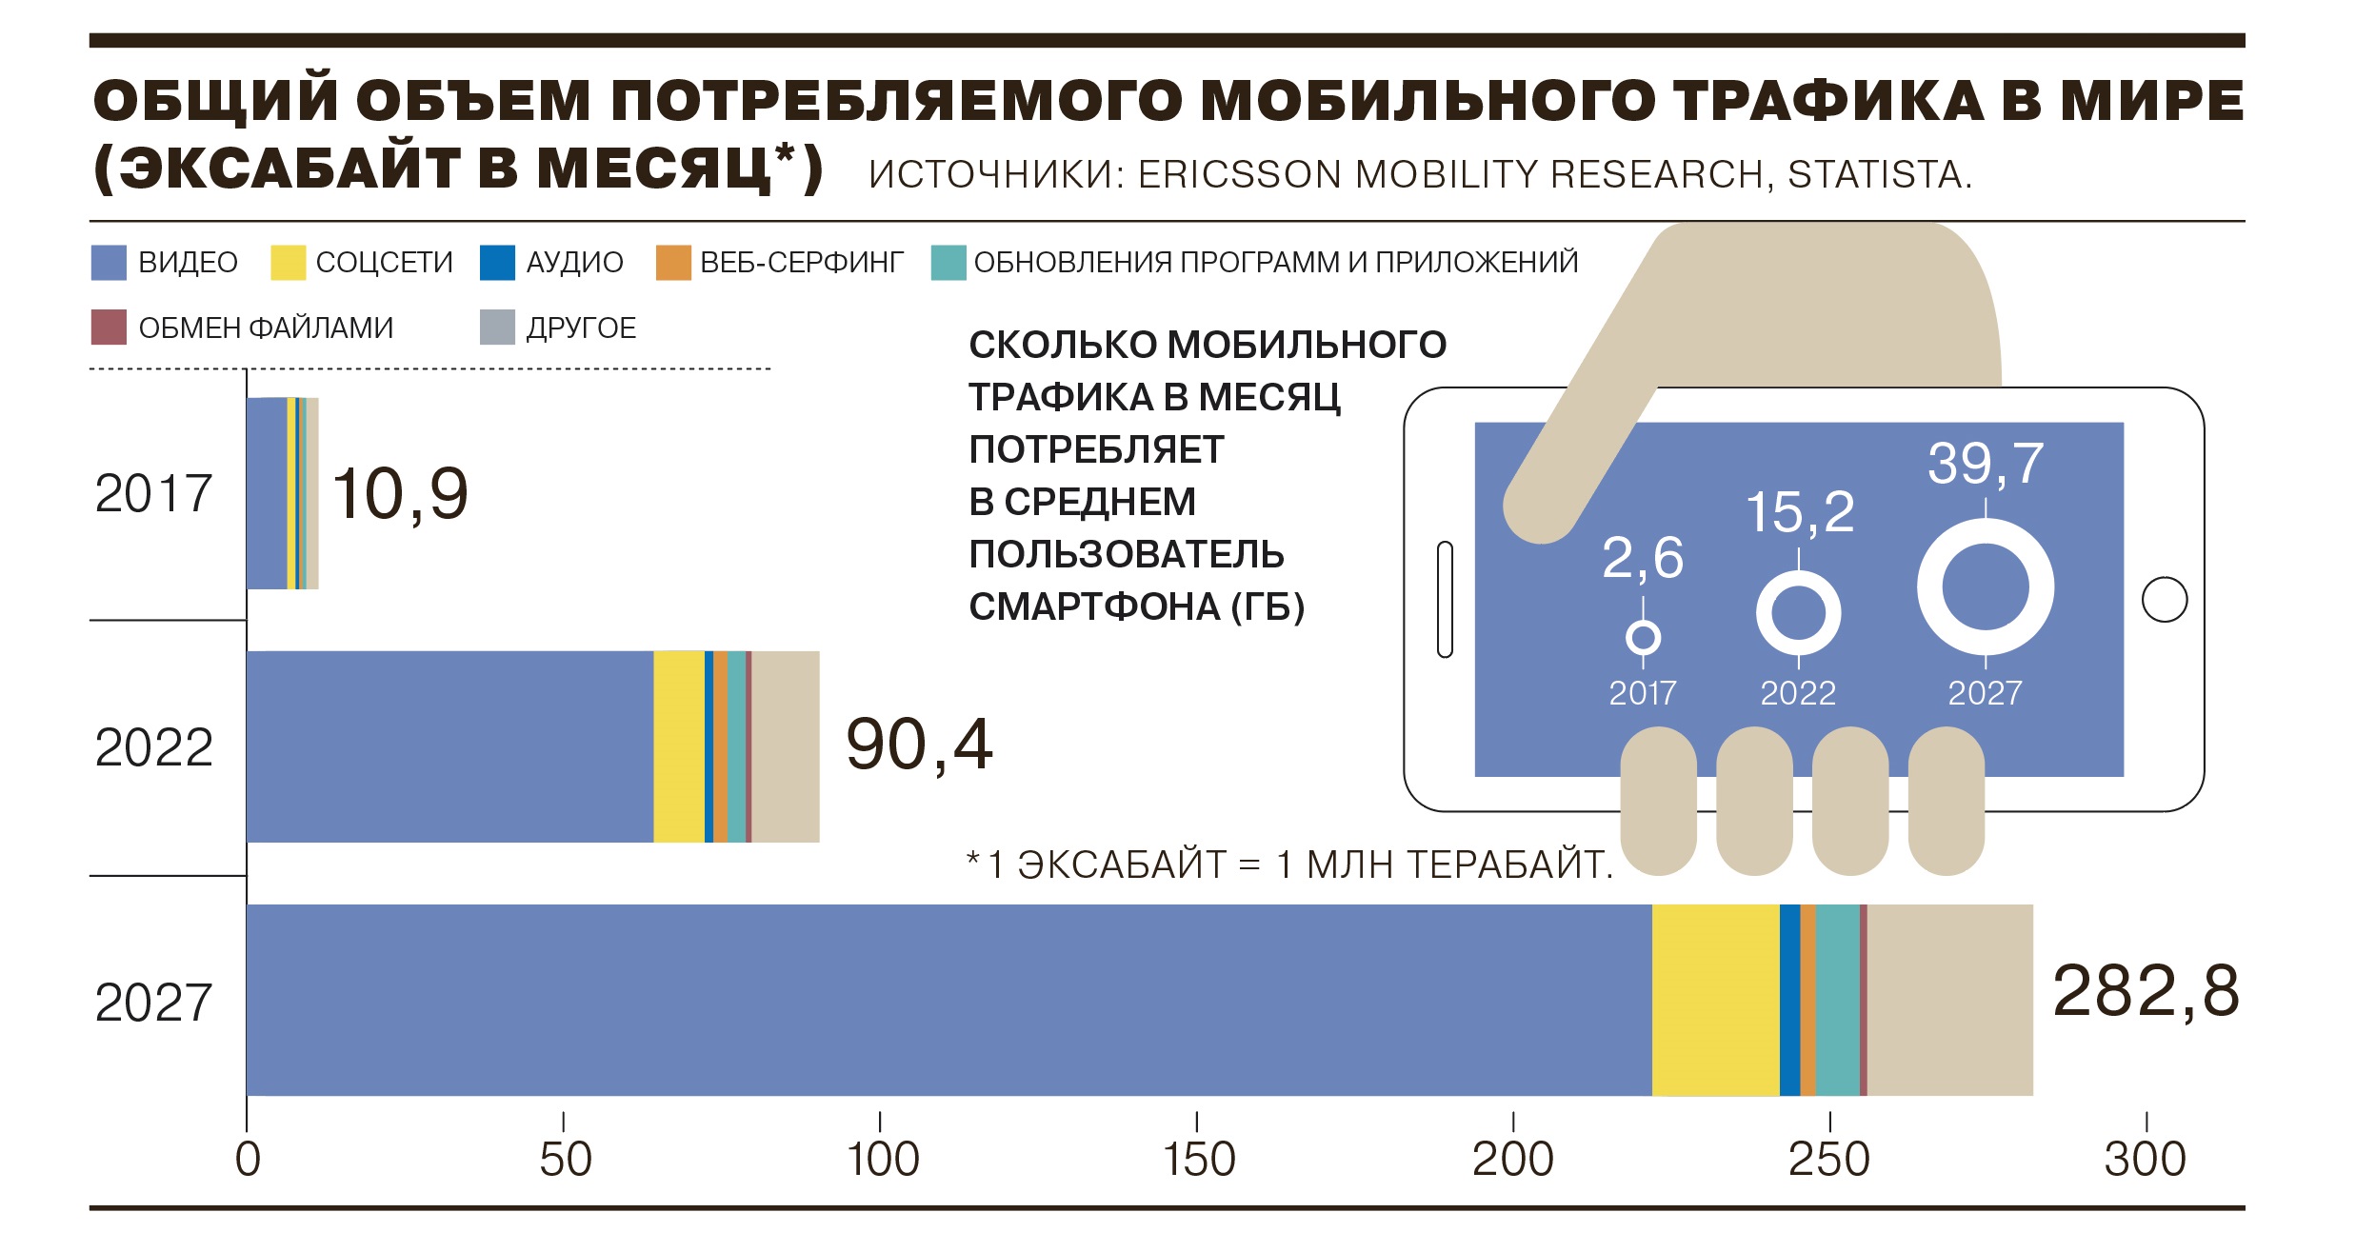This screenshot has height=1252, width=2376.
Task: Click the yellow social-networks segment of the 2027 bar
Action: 1715,1000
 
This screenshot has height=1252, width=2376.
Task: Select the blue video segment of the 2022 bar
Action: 449,746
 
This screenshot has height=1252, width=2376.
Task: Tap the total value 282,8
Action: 2145,991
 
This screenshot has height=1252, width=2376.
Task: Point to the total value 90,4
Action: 919,745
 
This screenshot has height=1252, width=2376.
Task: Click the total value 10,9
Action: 400,493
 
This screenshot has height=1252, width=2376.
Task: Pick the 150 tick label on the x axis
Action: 1198,1160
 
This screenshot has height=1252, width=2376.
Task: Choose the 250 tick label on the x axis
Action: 1829,1160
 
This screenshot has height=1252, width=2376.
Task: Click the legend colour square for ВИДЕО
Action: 109,263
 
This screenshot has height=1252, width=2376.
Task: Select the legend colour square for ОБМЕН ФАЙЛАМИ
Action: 109,327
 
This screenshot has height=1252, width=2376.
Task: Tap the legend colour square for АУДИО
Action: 497,263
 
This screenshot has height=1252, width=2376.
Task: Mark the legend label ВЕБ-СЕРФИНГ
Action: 801,263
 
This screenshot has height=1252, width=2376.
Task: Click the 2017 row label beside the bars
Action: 153,493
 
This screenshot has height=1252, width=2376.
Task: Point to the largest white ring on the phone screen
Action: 1986,586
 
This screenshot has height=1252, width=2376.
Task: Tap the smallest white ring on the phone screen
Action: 1643,637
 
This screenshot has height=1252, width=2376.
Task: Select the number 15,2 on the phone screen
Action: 1800,512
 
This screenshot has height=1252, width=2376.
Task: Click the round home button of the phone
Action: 2164,600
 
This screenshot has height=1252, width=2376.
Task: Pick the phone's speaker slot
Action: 1445,600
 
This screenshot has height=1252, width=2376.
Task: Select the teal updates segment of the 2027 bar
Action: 1837,1000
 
